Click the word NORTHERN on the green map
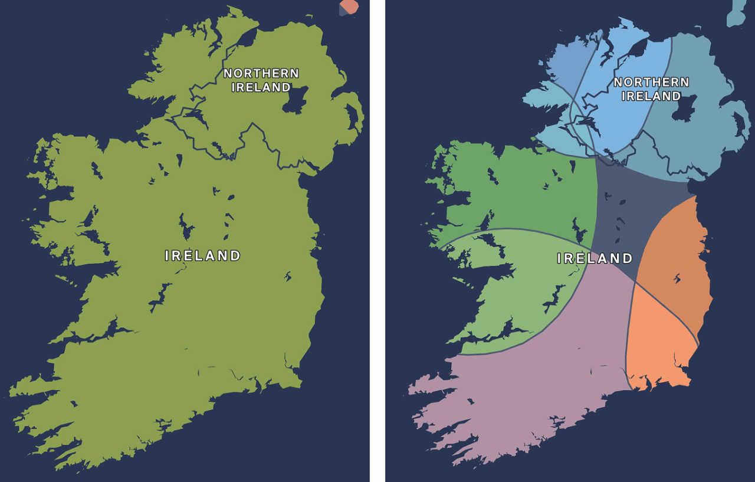(261, 74)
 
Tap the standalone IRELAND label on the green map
(203, 256)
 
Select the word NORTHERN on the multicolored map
(651, 83)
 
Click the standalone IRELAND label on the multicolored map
(595, 258)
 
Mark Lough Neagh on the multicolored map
(684, 109)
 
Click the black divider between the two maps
(377, 236)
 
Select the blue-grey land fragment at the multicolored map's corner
(737, 14)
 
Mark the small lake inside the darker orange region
(677, 278)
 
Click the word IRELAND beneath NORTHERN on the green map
(261, 88)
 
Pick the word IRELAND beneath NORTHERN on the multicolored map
(651, 96)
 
